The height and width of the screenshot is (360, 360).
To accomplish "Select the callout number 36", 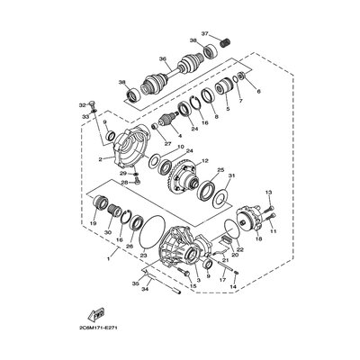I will [x=163, y=60].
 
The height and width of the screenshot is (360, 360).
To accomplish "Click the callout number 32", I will [x=81, y=104].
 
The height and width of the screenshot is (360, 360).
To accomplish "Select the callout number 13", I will [x=267, y=192].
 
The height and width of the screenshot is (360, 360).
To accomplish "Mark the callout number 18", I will [x=257, y=240].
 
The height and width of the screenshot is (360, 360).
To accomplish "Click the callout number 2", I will [x=102, y=159].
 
